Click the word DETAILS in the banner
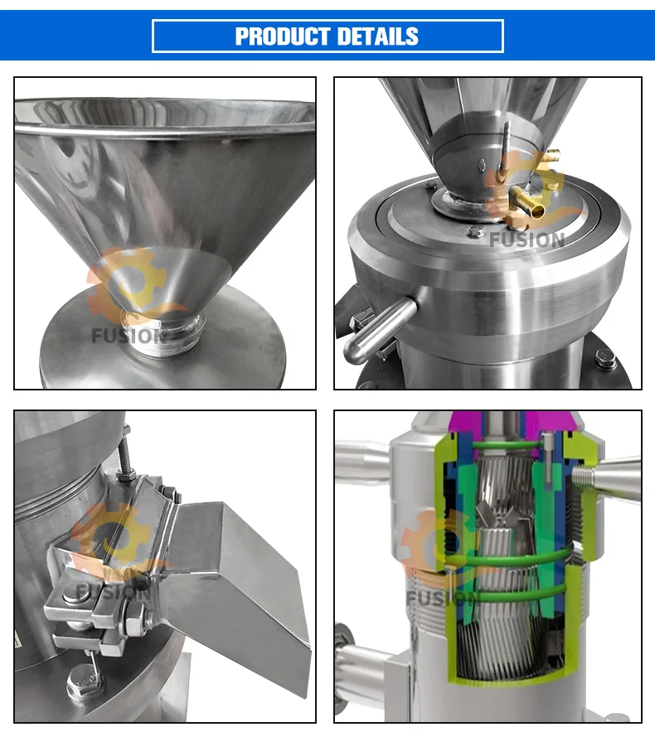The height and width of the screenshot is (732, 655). click(376, 36)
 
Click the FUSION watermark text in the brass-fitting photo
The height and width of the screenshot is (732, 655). click(526, 240)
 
